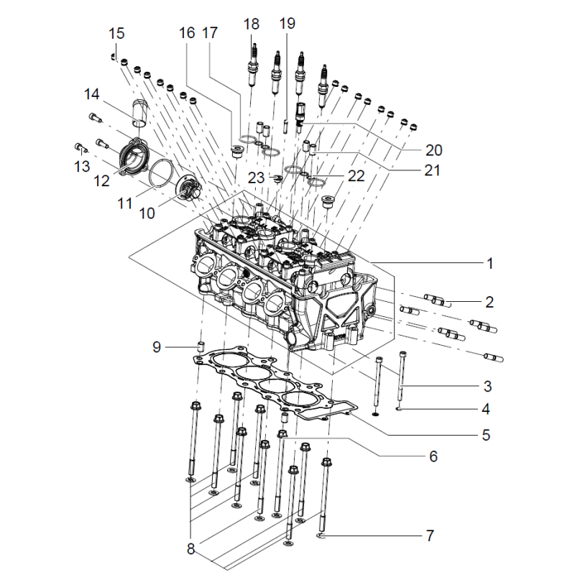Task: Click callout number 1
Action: [489, 264]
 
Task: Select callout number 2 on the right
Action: [489, 302]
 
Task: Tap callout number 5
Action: [486, 436]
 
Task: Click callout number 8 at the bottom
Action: [190, 549]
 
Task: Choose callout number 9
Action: [157, 348]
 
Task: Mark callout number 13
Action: [81, 167]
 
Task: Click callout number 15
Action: [116, 33]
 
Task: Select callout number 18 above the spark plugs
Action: [251, 24]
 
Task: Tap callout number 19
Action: [287, 24]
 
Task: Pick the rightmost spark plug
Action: [323, 83]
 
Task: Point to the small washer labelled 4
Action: [398, 410]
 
